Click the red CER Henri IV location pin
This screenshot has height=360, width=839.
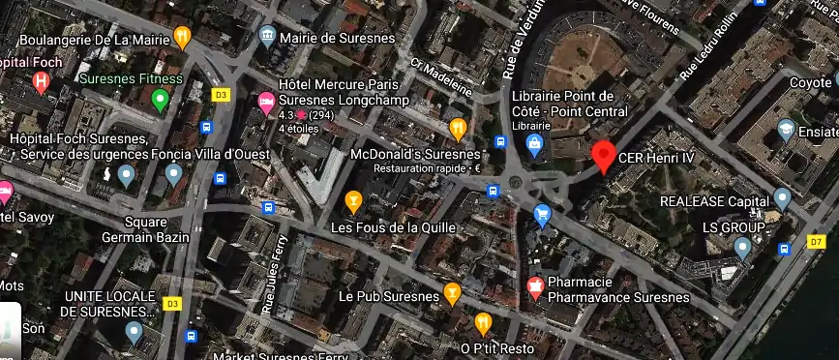point(604,155)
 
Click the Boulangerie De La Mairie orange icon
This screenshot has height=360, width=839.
point(182,37)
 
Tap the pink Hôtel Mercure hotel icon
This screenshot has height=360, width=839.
point(265,100)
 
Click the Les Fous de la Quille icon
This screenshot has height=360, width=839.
point(354,201)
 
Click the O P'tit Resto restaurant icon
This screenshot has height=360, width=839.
point(483,323)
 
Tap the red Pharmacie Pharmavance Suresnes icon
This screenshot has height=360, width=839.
point(533,287)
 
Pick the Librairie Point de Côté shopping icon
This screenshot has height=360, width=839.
point(533,144)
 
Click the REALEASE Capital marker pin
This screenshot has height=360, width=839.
point(782,198)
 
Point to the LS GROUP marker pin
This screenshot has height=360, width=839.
point(742,248)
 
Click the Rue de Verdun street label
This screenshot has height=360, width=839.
point(519,40)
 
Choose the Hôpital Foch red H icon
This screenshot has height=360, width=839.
point(41,82)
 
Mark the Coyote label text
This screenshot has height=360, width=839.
point(810,83)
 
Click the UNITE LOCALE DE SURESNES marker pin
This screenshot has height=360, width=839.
point(135,332)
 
